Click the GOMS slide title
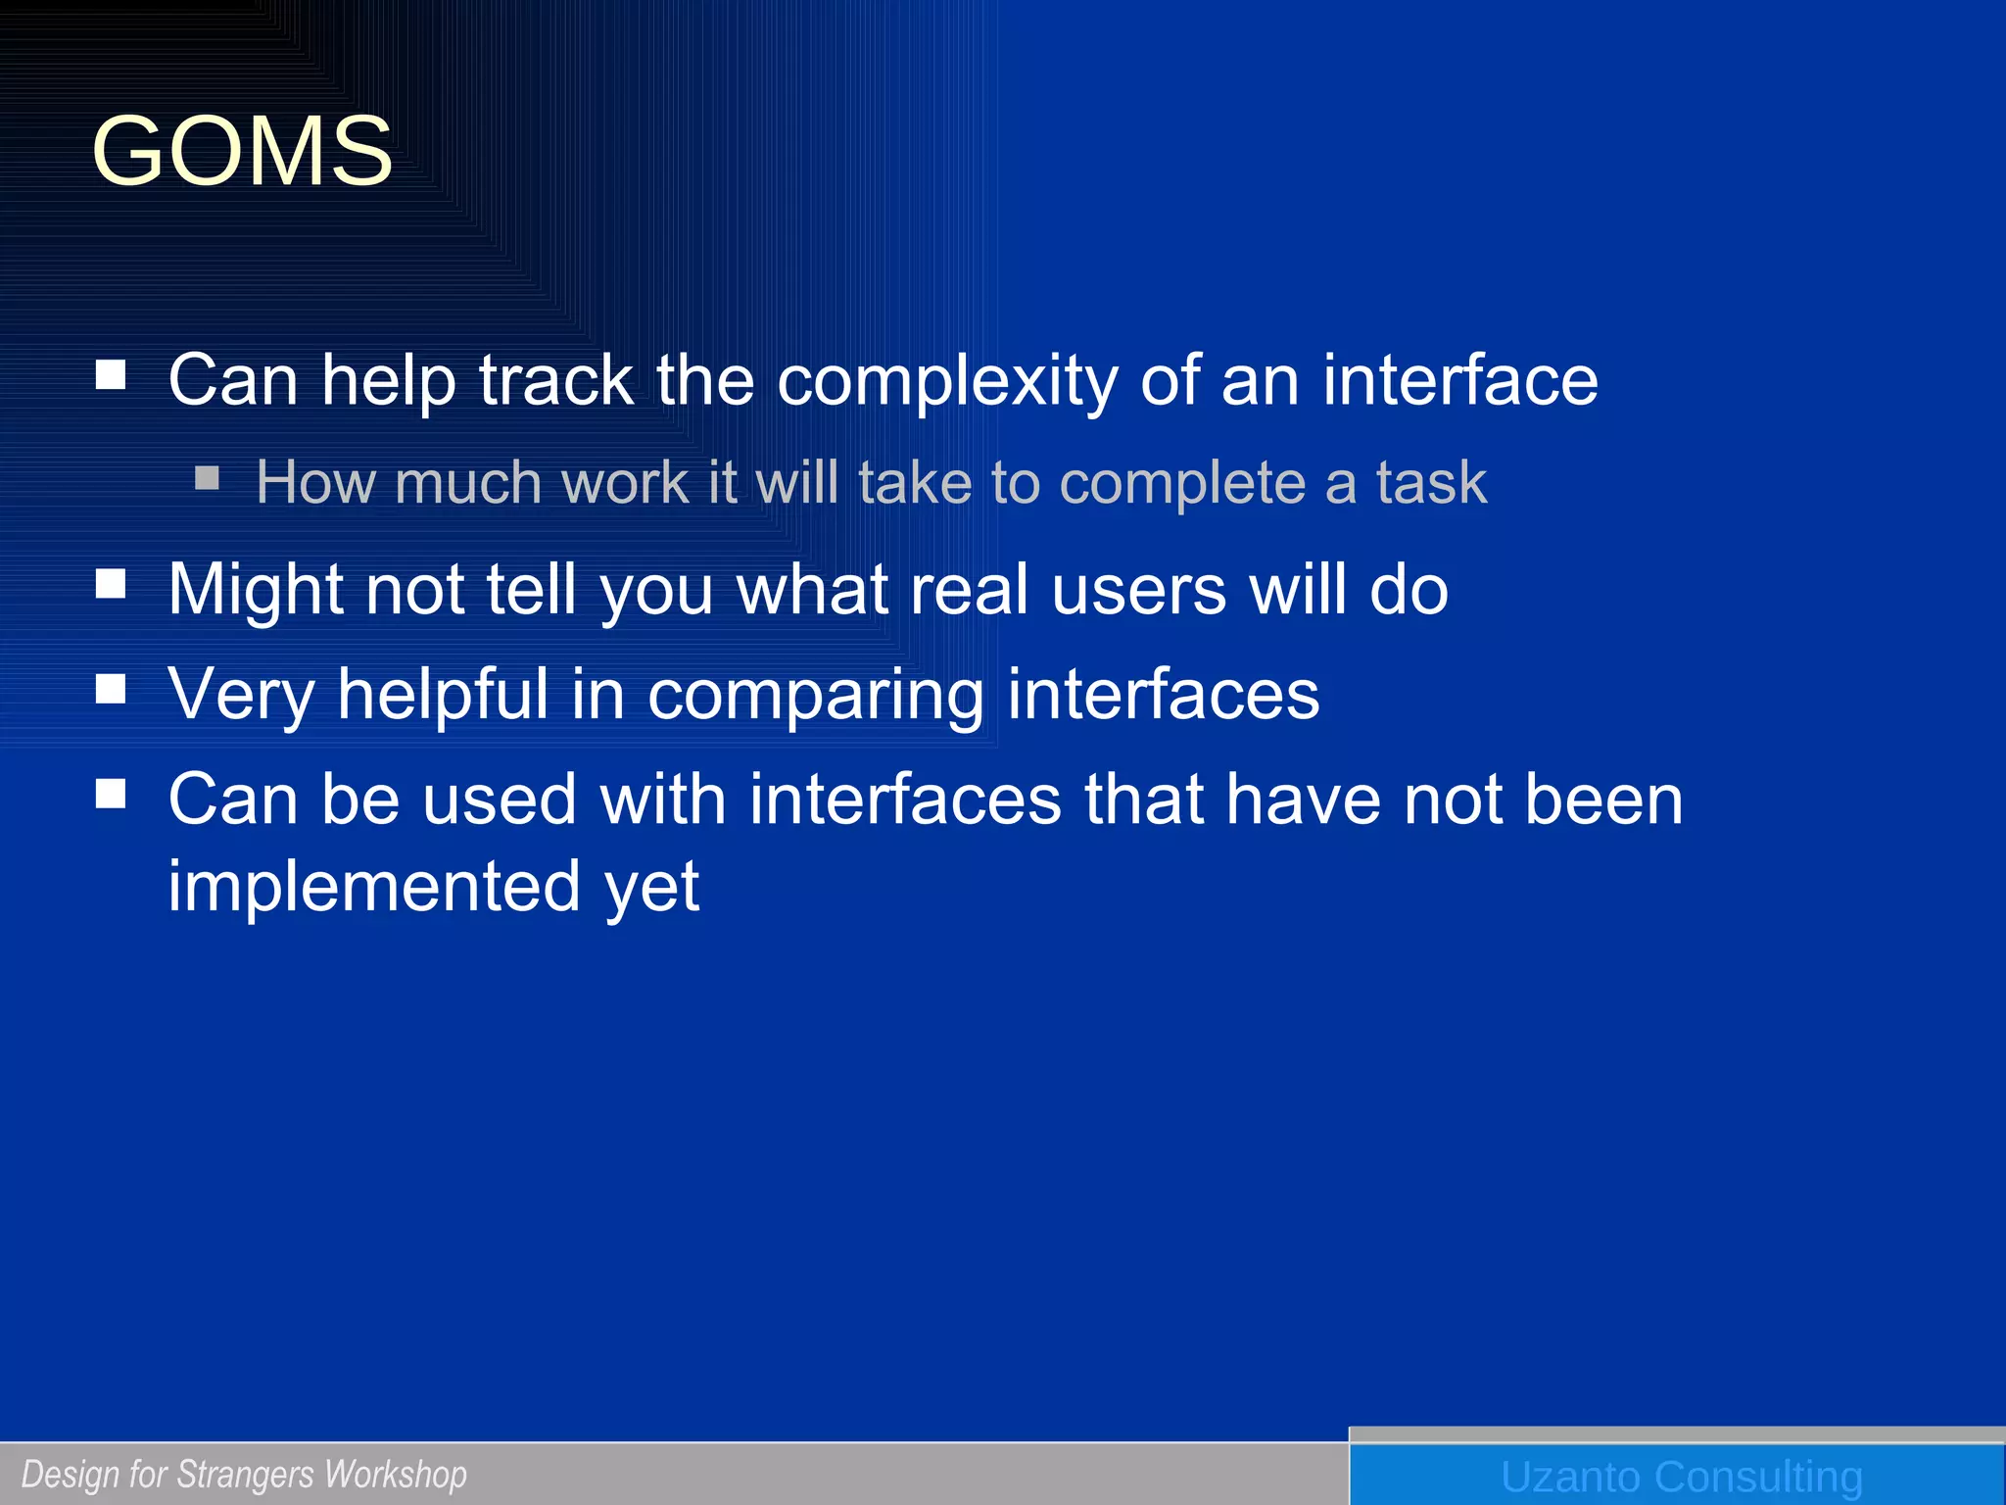click(x=242, y=152)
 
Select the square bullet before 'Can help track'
click(x=111, y=374)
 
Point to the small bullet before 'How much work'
click(x=207, y=478)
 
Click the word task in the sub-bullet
click(x=1431, y=483)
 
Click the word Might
click(x=257, y=590)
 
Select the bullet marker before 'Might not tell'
click(x=111, y=584)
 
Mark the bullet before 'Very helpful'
click(x=111, y=689)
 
